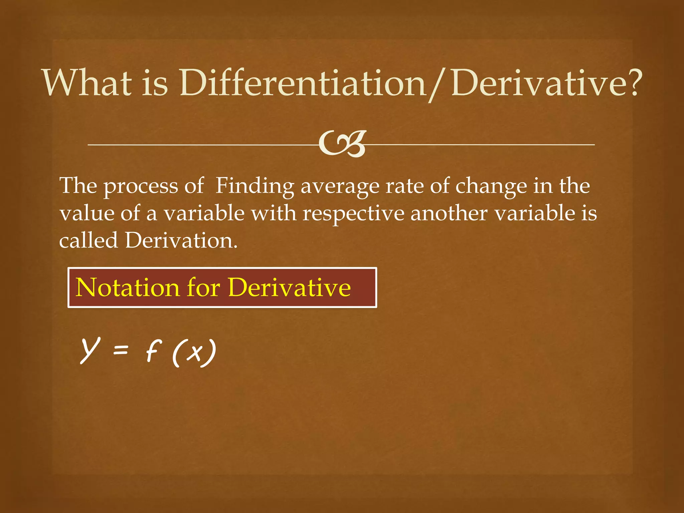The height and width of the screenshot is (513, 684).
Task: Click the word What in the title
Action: click(x=87, y=82)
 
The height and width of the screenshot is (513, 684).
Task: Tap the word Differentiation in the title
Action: click(x=302, y=82)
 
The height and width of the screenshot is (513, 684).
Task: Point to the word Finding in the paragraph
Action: click(x=254, y=186)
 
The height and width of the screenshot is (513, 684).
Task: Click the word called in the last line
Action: click(x=89, y=240)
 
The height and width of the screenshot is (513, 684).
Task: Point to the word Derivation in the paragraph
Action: click(x=181, y=240)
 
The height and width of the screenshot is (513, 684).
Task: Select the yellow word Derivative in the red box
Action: click(x=290, y=288)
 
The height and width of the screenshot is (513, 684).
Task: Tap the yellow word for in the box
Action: click(x=203, y=288)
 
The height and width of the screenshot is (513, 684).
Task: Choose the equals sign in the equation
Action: click(x=121, y=350)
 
